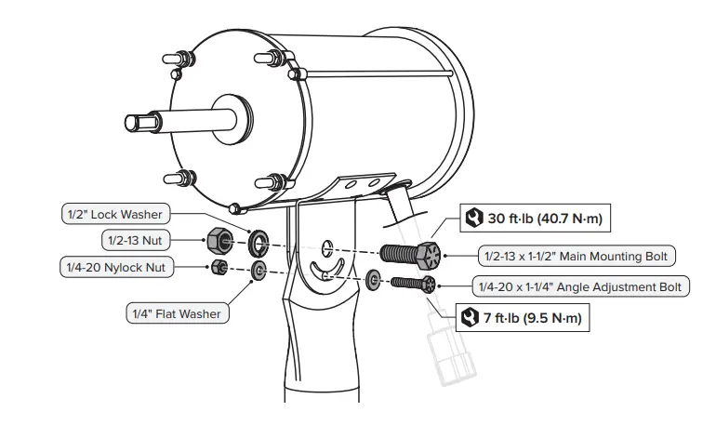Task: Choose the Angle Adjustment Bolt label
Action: pyautogui.click(x=581, y=286)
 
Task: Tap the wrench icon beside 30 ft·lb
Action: pyautogui.click(x=472, y=219)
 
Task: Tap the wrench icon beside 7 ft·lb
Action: pyautogui.click(x=470, y=318)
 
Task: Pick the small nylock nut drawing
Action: pyautogui.click(x=220, y=268)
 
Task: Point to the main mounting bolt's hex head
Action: pyautogui.click(x=430, y=253)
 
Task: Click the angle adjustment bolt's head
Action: pyautogui.click(x=427, y=284)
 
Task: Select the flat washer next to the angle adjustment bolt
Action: pyautogui.click(x=373, y=279)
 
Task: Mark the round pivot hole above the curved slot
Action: pyautogui.click(x=327, y=248)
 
